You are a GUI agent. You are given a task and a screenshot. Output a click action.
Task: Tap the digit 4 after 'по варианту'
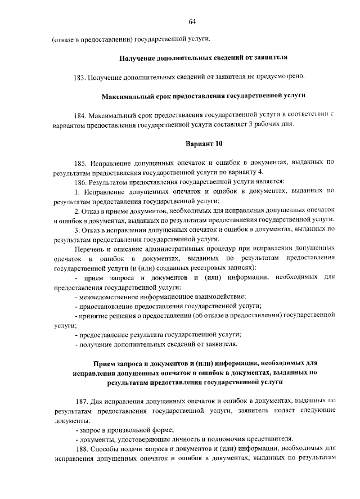260,172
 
